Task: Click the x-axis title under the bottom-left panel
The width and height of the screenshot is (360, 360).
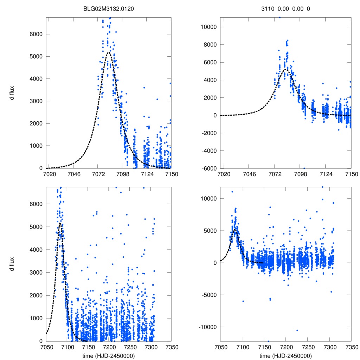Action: [109, 356]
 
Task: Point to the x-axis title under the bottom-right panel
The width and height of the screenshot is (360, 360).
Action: [285, 356]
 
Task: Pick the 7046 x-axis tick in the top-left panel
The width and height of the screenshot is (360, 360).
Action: [73, 174]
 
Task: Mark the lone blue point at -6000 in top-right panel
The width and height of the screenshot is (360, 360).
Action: [304, 168]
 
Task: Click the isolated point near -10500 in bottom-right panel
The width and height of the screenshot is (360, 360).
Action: [297, 330]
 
